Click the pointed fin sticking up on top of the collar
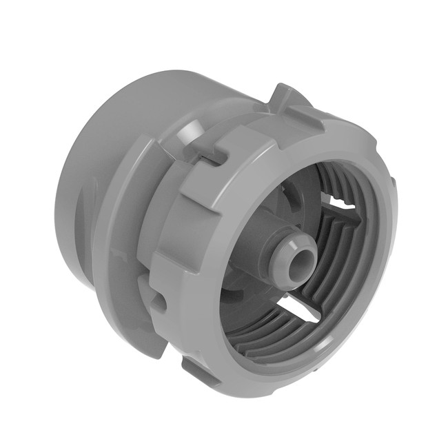click(x=283, y=96)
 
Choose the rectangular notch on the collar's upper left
click(x=210, y=156)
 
